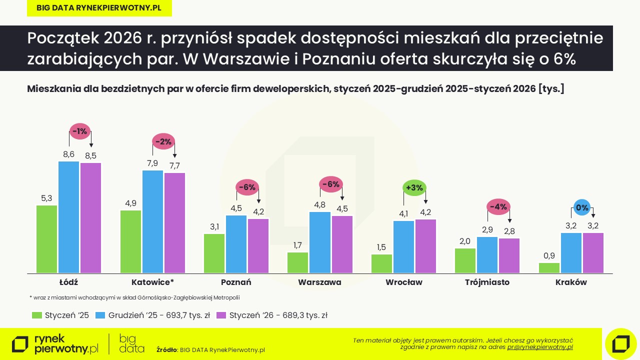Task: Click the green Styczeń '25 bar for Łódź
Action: [46, 239]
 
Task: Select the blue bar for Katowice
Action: [152, 221]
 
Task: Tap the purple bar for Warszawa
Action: [342, 244]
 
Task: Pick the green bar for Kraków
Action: [549, 268]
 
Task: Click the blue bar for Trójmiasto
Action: [487, 255]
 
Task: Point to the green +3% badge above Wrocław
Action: [414, 188]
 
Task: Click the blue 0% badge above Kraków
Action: [582, 207]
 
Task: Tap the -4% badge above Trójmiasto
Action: [498, 206]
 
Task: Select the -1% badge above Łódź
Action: [79, 131]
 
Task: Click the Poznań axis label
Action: [236, 282]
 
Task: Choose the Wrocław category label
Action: [403, 282]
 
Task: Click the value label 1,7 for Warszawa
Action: [297, 245]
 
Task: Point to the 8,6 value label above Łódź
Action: [68, 154]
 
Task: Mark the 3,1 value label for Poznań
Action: [214, 226]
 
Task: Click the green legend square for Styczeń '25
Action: [36, 315]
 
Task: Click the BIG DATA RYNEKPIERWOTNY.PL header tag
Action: [99, 8]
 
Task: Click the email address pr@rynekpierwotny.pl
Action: [540, 346]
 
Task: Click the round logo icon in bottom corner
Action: [620, 344]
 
